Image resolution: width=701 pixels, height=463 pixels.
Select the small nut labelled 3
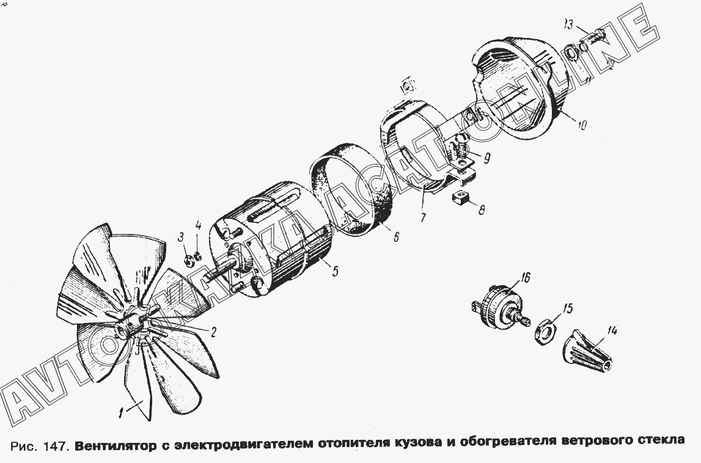(x=189, y=261)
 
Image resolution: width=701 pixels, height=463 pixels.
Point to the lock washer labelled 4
(x=199, y=256)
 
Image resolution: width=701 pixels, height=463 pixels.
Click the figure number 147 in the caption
(x=56, y=444)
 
